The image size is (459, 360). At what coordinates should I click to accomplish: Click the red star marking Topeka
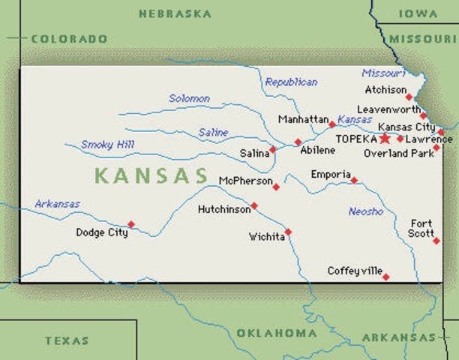[x=385, y=139]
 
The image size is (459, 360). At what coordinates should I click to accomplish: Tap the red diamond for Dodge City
[x=131, y=223]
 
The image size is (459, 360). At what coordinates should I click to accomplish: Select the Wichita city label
[x=267, y=237]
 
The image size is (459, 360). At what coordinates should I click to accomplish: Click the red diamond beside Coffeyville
[x=385, y=277]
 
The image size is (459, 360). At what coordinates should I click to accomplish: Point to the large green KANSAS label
[x=151, y=176]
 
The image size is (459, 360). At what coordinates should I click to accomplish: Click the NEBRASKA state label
[x=175, y=13]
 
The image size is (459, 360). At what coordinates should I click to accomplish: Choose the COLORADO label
[x=69, y=38]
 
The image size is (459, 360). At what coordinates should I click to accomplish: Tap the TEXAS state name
[x=67, y=340]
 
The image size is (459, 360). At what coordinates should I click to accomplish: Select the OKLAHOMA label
[x=276, y=333]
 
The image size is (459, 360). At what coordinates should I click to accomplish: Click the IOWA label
[x=418, y=13]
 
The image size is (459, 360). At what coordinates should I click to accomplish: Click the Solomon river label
[x=189, y=98]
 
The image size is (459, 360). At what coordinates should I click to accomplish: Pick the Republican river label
[x=291, y=82]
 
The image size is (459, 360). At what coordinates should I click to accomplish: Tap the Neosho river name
[x=365, y=211]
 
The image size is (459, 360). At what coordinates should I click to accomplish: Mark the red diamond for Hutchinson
[x=254, y=205]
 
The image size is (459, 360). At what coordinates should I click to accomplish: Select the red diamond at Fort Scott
[x=436, y=241]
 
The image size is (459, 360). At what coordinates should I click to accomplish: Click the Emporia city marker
[x=354, y=180]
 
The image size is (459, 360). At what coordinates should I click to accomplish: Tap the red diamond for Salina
[x=272, y=149]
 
